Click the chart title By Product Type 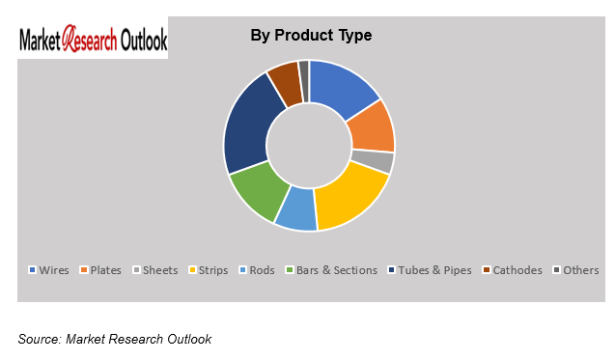pos(311,36)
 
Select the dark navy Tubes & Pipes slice pos(245,125)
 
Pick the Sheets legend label pos(160,270)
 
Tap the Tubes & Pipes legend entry pos(432,270)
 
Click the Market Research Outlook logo pos(94,41)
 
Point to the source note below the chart pos(114,339)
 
